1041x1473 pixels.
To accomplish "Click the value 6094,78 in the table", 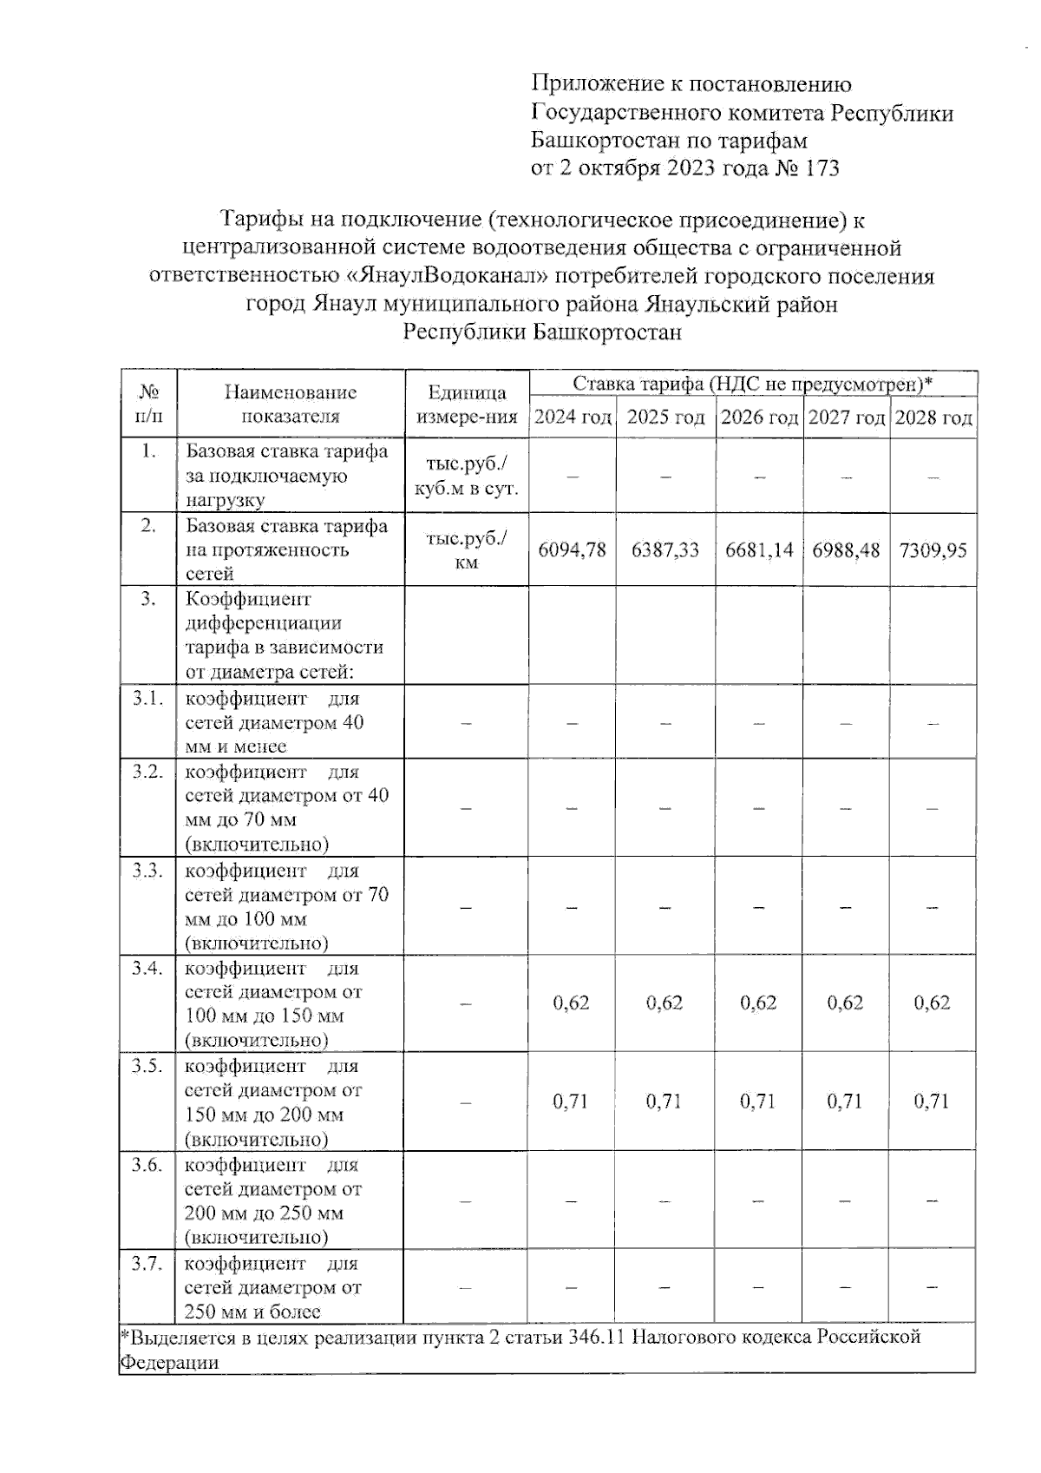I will [x=572, y=550].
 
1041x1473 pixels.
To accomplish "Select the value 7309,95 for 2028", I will [x=933, y=550].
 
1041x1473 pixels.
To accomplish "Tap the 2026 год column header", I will [x=759, y=418].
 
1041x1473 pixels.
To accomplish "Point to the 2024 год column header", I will [x=572, y=418].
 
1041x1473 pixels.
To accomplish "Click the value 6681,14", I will [x=759, y=550].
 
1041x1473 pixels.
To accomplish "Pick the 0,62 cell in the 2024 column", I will [x=571, y=1003].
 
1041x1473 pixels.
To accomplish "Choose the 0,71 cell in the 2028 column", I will [x=932, y=1101].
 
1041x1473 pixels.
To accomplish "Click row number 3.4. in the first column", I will [x=147, y=969].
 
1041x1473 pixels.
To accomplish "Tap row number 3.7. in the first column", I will [x=147, y=1264].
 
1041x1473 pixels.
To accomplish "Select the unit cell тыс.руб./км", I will [x=466, y=550].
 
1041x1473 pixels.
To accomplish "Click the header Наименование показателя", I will [x=290, y=404].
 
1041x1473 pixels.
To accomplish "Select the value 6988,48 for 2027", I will [x=846, y=550].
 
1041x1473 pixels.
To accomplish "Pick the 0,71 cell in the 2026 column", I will [x=758, y=1101].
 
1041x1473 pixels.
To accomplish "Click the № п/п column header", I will [x=148, y=404].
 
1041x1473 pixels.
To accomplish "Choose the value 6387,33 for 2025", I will [x=665, y=550].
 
